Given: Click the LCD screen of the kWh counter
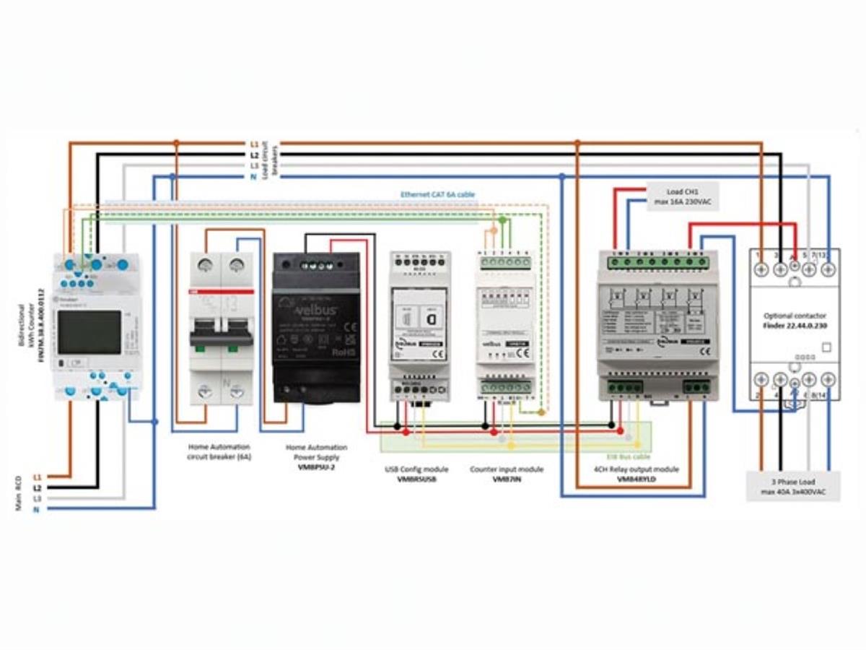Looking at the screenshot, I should [x=89, y=331].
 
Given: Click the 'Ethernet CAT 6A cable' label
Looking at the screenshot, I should [x=438, y=195].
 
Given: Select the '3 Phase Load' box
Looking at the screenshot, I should [x=792, y=486].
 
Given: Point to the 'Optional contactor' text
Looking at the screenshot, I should [x=794, y=316].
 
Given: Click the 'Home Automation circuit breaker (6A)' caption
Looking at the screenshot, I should [x=219, y=452].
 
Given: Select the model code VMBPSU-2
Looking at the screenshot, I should [x=316, y=467].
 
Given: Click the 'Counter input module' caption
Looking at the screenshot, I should [x=507, y=469].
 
